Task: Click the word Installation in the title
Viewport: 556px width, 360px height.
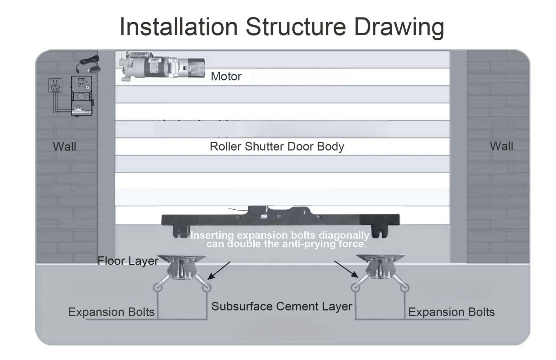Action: (x=179, y=27)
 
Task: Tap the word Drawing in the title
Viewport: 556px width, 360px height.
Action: (x=399, y=27)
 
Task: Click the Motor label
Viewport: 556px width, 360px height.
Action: (x=226, y=77)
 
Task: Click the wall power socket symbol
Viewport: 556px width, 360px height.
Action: (x=55, y=86)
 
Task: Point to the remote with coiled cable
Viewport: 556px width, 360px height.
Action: (x=89, y=65)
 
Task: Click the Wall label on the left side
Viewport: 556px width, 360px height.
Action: (x=64, y=147)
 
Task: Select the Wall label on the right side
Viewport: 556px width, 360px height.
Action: (x=501, y=147)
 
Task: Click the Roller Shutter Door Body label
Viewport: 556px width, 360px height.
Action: (x=277, y=147)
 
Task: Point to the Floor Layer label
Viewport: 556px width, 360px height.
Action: (x=128, y=261)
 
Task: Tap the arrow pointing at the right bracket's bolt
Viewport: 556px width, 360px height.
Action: (x=346, y=269)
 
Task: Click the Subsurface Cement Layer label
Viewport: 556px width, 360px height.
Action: (x=282, y=307)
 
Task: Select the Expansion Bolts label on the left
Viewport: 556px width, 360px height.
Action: (x=111, y=312)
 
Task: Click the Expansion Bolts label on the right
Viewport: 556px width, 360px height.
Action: (x=451, y=312)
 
